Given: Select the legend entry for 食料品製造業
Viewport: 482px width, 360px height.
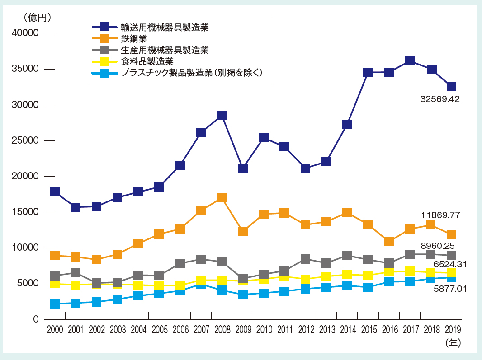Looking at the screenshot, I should coord(147,61).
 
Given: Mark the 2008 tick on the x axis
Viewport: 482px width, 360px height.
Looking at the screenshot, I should coord(222,329).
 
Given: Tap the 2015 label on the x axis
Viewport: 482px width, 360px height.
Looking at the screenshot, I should coord(368,329).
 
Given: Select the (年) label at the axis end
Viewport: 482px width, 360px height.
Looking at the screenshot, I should coord(453,343).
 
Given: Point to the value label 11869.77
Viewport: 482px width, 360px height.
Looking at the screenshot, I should coord(439,215).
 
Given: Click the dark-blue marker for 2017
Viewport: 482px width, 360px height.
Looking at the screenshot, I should coord(410,61).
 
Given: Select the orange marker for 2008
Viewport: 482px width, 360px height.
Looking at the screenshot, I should coord(222,198).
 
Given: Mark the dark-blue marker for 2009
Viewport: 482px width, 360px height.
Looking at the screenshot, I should coord(242,168).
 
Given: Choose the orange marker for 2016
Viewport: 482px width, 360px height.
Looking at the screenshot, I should coord(389,242).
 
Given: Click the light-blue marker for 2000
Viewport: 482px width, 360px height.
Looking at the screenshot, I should coord(54,304).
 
